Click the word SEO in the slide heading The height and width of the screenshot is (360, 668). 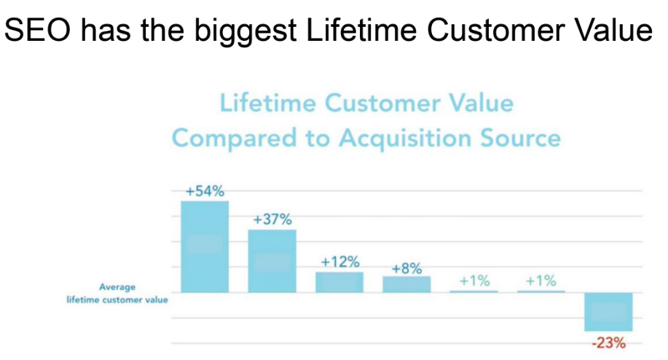click(37, 31)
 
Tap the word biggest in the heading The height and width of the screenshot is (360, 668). click(245, 32)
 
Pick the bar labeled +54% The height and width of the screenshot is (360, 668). click(205, 246)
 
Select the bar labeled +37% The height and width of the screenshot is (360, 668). click(272, 261)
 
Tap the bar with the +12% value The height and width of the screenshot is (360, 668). click(339, 283)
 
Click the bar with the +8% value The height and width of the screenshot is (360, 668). click(407, 285)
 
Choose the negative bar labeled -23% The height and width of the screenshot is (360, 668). click(608, 312)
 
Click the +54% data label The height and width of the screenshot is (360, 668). click(205, 191)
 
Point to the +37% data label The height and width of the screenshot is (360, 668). click(272, 219)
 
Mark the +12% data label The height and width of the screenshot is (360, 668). click(340, 262)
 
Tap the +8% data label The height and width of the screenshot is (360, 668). click(407, 268)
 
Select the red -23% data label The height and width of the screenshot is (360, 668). click(609, 343)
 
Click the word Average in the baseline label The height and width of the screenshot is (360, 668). click(117, 287)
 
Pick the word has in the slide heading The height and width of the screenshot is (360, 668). click(106, 31)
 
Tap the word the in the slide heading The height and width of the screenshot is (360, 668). click(163, 31)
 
